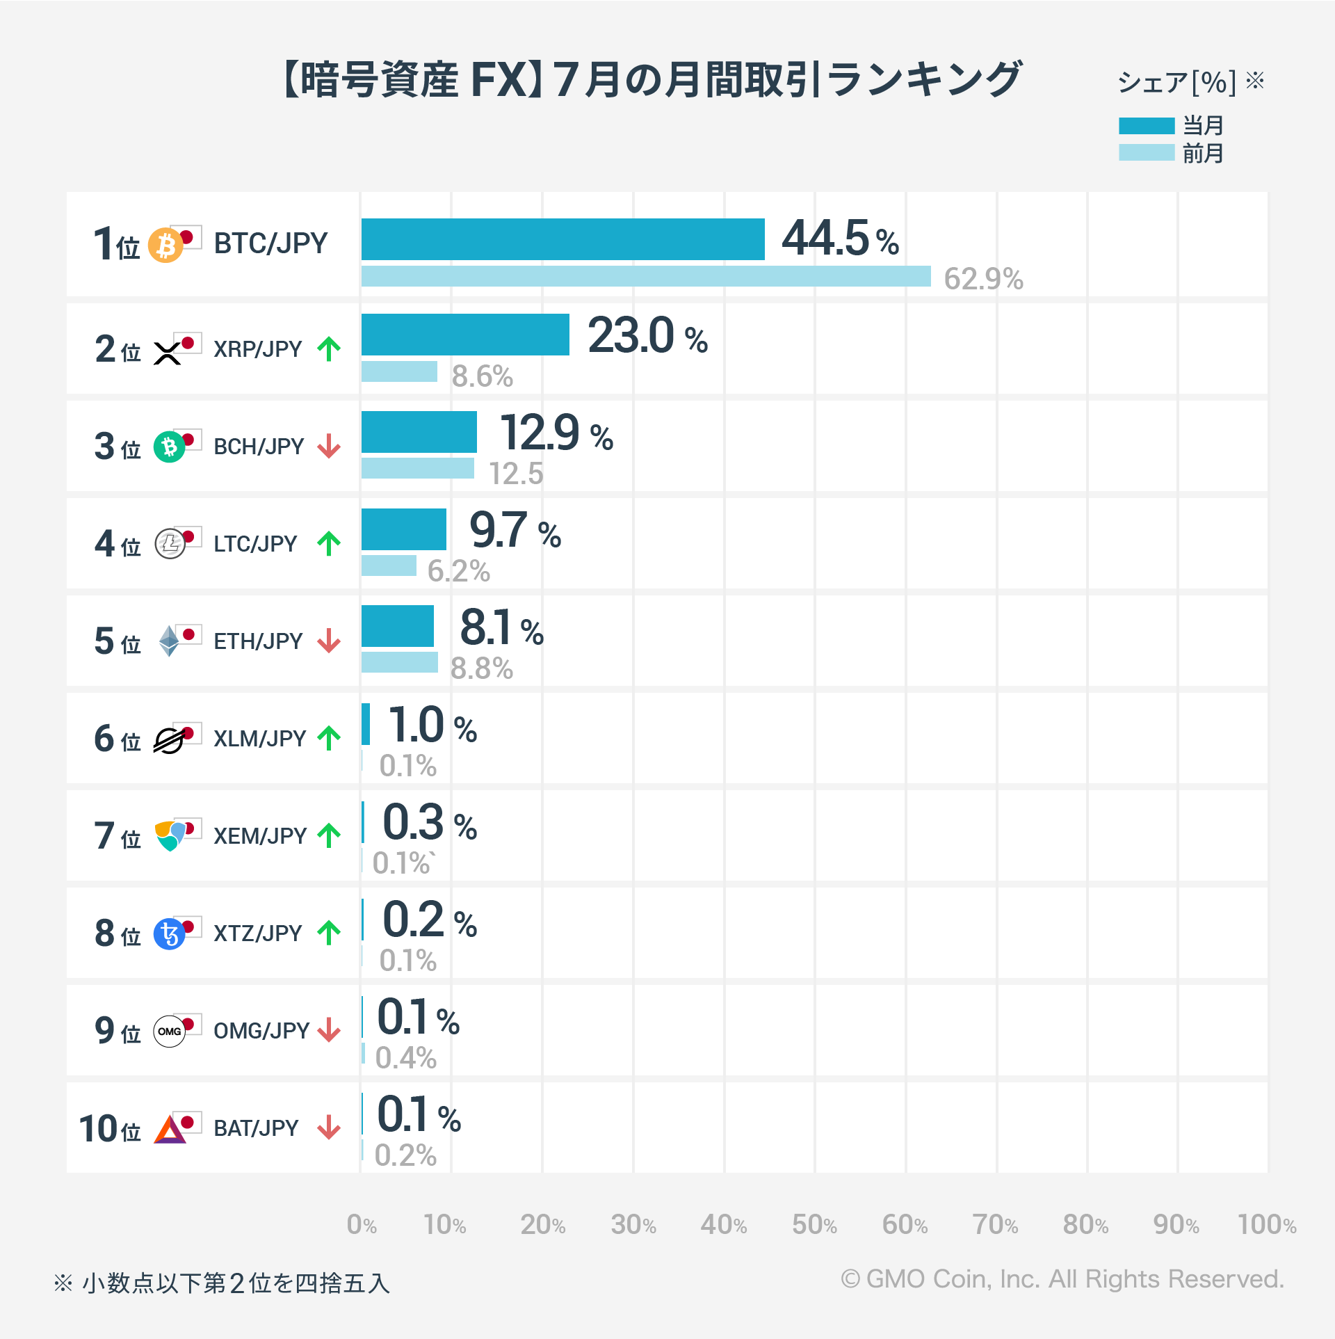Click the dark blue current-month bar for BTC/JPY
point(563,239)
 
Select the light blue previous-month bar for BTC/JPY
point(645,276)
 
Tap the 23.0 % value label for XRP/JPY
point(647,336)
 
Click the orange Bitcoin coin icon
point(165,246)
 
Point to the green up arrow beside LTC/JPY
point(329,544)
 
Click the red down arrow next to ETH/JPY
point(329,641)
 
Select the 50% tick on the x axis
point(814,1224)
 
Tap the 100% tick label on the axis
point(1266,1224)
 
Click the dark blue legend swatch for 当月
point(1146,126)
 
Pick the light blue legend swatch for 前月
point(1146,152)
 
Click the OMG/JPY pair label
point(261,1030)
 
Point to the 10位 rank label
point(110,1128)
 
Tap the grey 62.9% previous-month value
point(982,279)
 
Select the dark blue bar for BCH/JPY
point(419,432)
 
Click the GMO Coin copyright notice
point(1062,1278)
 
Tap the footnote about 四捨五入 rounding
point(222,1283)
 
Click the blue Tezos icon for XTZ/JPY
point(169,934)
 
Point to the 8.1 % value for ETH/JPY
point(501,628)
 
